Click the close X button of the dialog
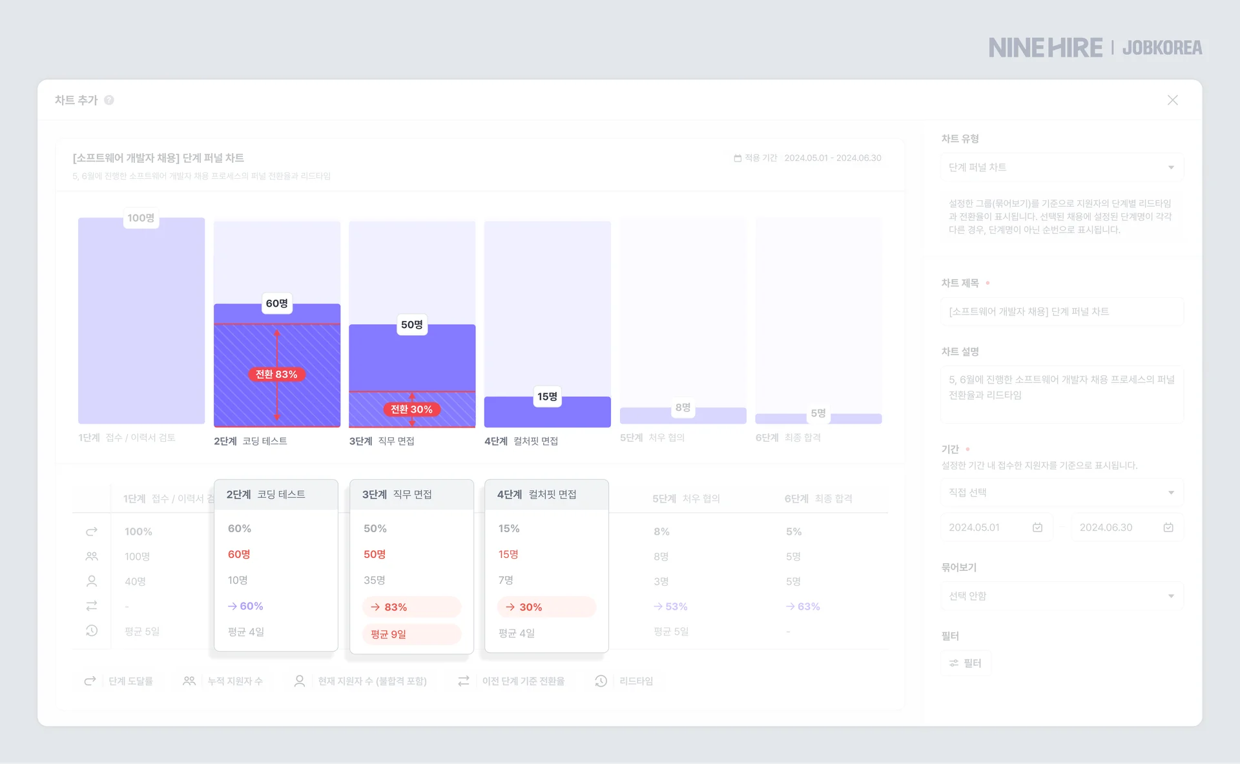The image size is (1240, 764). [x=1172, y=100]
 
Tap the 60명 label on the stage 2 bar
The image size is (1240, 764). [x=277, y=304]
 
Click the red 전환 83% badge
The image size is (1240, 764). [x=276, y=375]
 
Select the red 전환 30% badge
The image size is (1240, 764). [x=411, y=409]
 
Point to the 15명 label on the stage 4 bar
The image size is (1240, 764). [x=547, y=397]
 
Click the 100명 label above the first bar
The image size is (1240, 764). [x=141, y=218]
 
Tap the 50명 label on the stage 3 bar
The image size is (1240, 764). [x=412, y=325]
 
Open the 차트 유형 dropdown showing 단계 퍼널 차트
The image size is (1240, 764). [x=1061, y=167]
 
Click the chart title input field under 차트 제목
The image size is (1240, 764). [x=1061, y=312]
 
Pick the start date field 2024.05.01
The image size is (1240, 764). [x=995, y=528]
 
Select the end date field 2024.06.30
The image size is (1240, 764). [x=1126, y=528]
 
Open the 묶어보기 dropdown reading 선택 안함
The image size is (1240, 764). [x=1061, y=596]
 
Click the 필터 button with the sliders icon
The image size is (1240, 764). [x=966, y=663]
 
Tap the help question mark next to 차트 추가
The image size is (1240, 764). [x=109, y=100]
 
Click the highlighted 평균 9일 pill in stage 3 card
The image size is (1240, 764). [x=411, y=634]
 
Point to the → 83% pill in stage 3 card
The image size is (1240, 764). [x=411, y=607]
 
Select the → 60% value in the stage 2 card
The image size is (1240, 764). [x=246, y=606]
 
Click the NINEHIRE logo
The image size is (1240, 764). [x=1046, y=48]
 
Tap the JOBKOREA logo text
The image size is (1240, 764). [x=1162, y=48]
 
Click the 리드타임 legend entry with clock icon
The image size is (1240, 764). [x=625, y=681]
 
